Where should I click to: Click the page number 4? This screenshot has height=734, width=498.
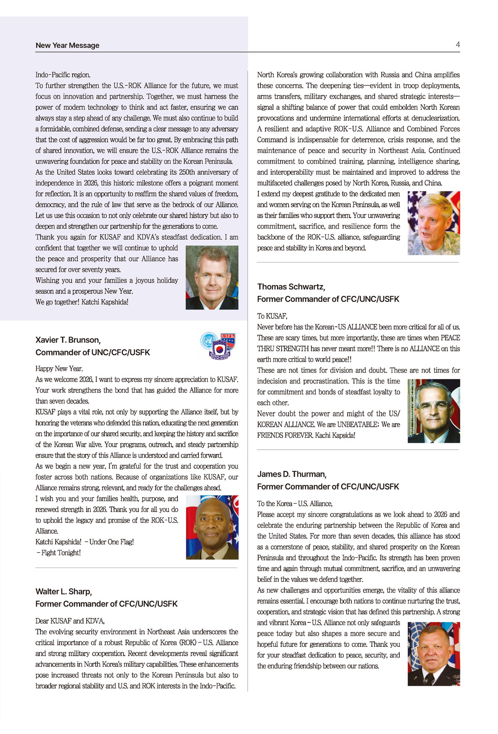(458, 45)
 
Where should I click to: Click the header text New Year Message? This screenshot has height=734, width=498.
(67, 45)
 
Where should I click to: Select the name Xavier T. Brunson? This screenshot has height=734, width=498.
(68, 340)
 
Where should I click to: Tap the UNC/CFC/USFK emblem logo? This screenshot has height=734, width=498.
(218, 345)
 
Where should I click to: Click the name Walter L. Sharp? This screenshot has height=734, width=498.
(64, 591)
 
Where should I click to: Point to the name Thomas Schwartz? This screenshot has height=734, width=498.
(291, 287)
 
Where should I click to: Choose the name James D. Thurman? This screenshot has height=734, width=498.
(292, 474)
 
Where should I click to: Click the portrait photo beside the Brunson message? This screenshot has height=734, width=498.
(212, 527)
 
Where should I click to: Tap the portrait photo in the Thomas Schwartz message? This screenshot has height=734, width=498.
(434, 410)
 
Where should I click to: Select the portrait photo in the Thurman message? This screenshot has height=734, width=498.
(434, 654)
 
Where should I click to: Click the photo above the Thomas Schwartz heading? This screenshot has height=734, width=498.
(434, 223)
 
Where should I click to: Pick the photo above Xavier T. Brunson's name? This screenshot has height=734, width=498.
(212, 277)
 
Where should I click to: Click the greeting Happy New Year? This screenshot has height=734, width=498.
(59, 369)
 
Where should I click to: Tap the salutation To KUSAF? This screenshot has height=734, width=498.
(272, 316)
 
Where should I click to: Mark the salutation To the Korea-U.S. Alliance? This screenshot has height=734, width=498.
(295, 504)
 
